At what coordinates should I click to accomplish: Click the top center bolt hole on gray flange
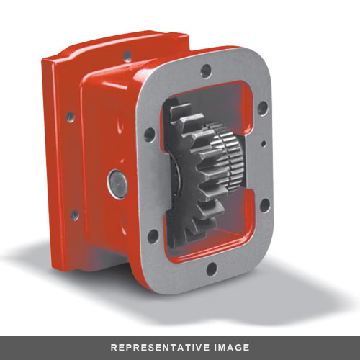[x=207, y=71]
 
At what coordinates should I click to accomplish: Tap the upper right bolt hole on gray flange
[x=262, y=108]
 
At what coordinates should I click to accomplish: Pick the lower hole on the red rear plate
[x=73, y=213]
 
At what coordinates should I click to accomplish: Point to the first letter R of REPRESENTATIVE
[x=113, y=347]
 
